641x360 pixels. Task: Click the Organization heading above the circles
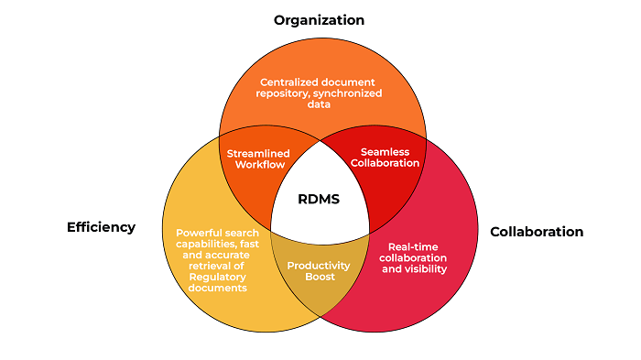(319, 20)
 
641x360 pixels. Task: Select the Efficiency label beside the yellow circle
(101, 227)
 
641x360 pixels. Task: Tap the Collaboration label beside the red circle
(537, 232)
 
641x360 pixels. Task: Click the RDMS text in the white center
(319, 199)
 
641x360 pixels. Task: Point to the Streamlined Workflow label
(258, 158)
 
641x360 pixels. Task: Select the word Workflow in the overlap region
(258, 164)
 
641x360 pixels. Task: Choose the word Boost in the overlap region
(319, 277)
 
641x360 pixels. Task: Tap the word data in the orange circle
(320, 104)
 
